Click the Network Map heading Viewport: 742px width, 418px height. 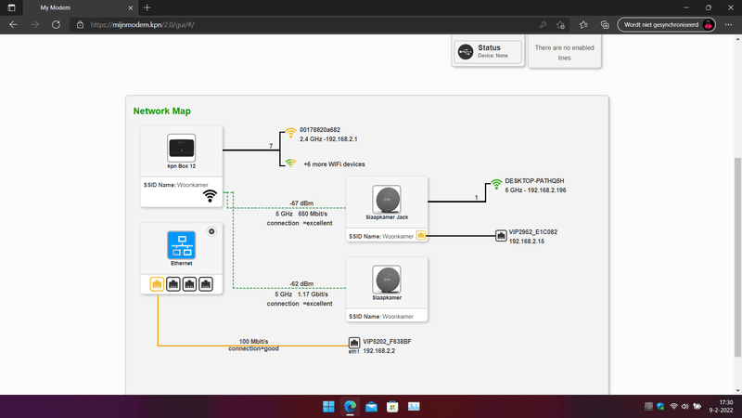point(161,111)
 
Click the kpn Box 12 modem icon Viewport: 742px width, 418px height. point(182,147)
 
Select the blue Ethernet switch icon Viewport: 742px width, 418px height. point(182,245)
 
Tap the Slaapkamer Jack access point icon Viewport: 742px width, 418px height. point(386,200)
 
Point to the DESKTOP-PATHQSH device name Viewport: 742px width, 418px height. point(535,180)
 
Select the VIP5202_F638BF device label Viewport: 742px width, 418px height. point(387,342)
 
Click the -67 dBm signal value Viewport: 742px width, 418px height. point(301,202)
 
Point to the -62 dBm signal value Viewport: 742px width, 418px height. point(301,283)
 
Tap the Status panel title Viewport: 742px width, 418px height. point(489,47)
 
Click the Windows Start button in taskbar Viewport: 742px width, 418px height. point(328,407)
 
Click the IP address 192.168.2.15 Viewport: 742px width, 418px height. point(527,242)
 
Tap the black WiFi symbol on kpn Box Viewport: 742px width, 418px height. point(211,195)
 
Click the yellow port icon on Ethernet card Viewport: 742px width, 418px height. point(156,283)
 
